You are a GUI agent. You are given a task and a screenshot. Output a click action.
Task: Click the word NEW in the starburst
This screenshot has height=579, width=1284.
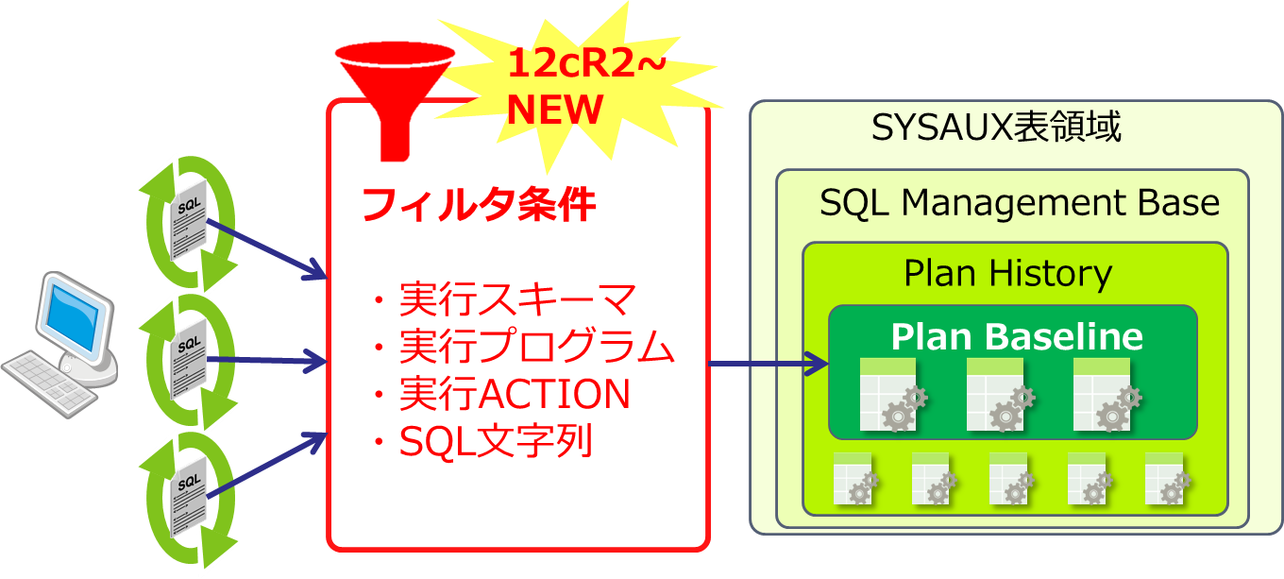click(554, 110)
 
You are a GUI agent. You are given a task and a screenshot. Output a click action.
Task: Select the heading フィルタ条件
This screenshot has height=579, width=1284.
click(480, 204)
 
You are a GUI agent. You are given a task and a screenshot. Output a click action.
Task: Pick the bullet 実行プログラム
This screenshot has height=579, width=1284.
click(536, 348)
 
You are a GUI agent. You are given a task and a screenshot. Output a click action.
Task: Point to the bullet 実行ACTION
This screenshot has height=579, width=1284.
click(514, 394)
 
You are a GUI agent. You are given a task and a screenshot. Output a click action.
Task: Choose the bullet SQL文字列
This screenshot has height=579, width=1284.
click(496, 440)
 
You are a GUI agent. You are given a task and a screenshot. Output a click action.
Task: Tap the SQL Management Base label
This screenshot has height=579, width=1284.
click(1020, 202)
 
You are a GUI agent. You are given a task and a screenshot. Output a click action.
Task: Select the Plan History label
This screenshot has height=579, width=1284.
click(1007, 274)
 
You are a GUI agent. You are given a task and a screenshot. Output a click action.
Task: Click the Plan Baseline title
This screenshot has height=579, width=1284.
click(1017, 336)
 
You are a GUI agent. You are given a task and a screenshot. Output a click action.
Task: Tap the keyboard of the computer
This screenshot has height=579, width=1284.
click(47, 383)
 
